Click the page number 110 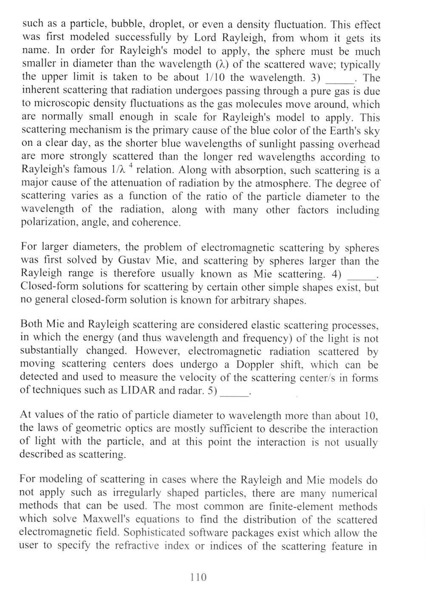(198, 577)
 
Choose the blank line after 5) (236, 393)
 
